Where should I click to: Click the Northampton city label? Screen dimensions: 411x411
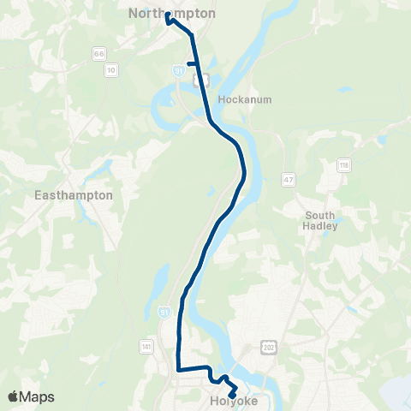click(172, 14)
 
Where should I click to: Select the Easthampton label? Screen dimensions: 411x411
click(74, 195)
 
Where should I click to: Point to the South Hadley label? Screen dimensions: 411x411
click(323, 220)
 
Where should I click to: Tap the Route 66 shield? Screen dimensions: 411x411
click(99, 53)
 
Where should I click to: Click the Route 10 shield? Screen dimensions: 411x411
click(111, 68)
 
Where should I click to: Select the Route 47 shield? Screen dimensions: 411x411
click(289, 178)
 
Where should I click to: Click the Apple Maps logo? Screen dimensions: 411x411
click(31, 396)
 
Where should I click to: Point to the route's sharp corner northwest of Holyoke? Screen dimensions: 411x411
click(178, 370)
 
